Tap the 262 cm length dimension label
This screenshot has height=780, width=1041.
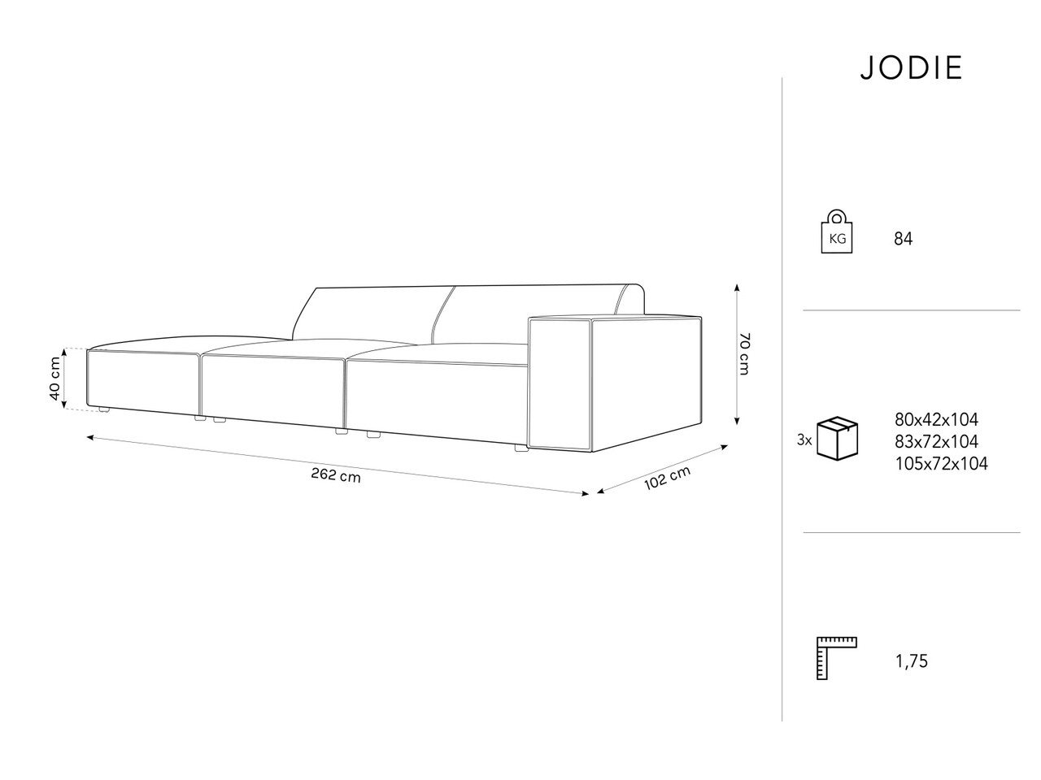(x=336, y=475)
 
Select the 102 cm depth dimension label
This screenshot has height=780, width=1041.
(x=667, y=478)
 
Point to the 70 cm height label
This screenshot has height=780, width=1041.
(x=743, y=353)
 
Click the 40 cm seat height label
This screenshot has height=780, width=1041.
(x=55, y=378)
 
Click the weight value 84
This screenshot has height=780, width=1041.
(x=903, y=239)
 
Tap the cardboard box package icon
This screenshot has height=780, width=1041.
(x=837, y=439)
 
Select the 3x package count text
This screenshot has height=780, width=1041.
(x=804, y=440)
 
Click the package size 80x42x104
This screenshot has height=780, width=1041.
(x=937, y=419)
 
